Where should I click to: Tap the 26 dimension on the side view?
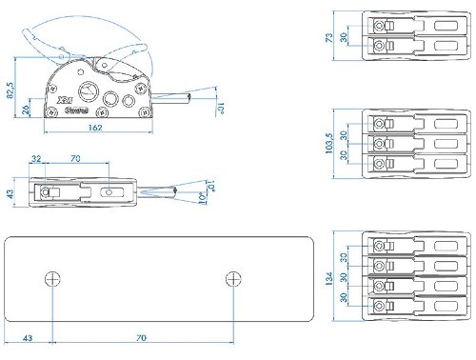click(26, 109)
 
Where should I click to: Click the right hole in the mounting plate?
click(233, 278)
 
